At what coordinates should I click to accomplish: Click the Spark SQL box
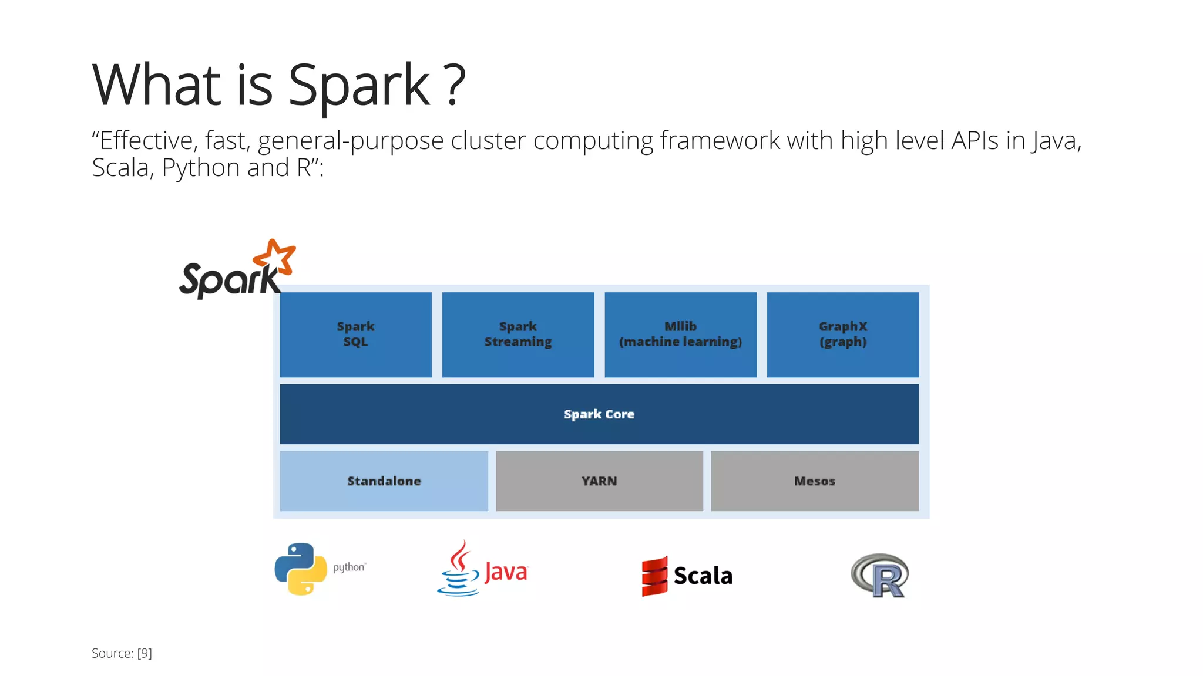[x=355, y=334]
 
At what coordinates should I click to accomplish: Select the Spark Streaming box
[x=518, y=334]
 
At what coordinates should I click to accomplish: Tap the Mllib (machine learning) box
[x=680, y=334]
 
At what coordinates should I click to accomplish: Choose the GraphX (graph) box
[x=842, y=334]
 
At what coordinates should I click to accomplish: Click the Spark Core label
[x=599, y=414]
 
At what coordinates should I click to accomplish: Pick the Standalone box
[x=384, y=481]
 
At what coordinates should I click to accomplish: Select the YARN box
[x=599, y=481]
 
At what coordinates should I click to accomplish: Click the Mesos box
[x=814, y=481]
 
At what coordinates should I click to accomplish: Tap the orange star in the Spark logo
[x=275, y=257]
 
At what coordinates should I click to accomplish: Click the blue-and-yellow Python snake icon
[x=301, y=569]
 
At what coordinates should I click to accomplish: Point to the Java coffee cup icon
[x=459, y=570]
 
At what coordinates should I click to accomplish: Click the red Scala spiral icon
[x=654, y=576]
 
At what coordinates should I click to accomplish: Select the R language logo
[x=879, y=576]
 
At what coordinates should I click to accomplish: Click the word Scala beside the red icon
[x=703, y=576]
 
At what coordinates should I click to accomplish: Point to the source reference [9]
[x=145, y=653]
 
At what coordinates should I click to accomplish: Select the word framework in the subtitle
[x=720, y=141]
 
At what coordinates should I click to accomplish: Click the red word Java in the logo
[x=506, y=572]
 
